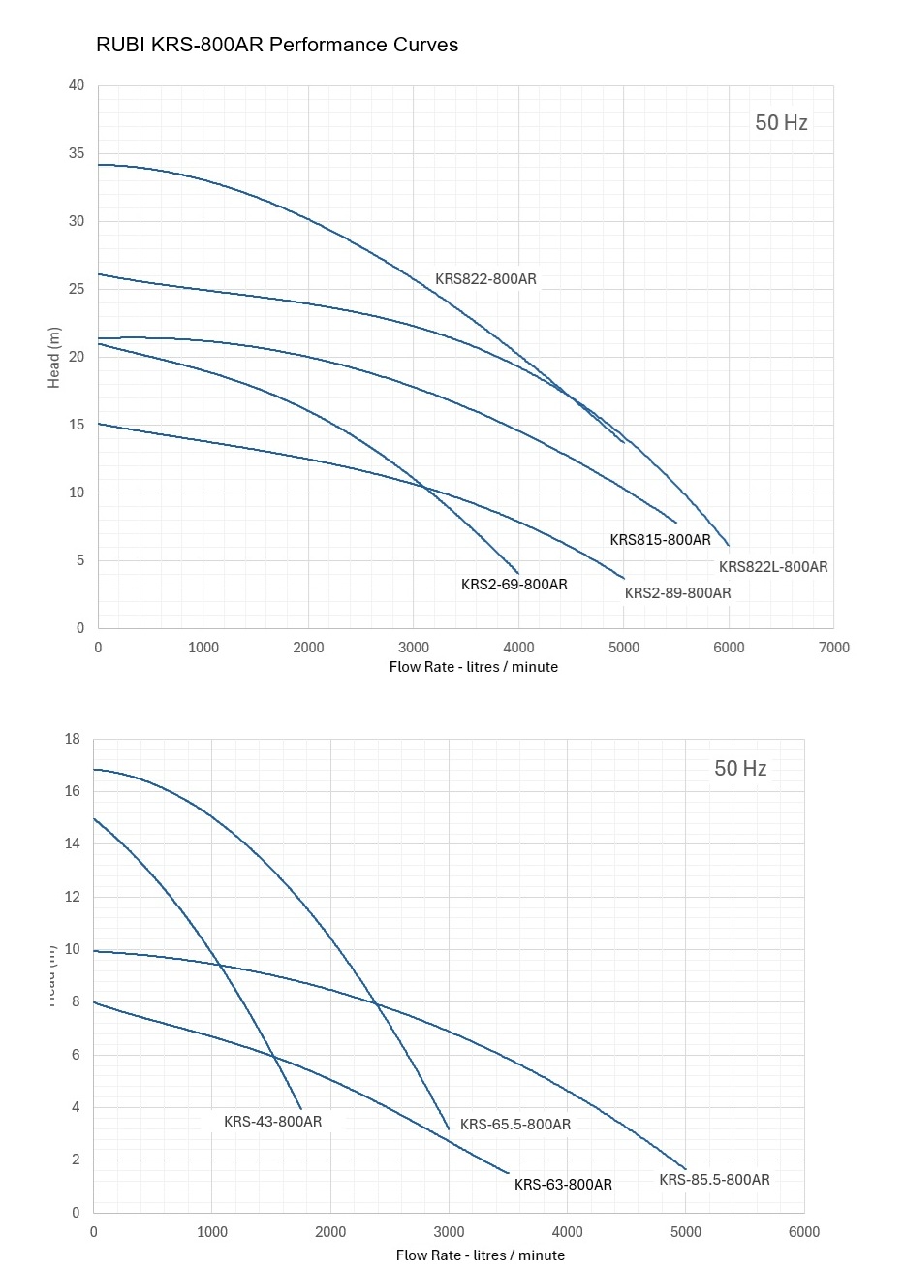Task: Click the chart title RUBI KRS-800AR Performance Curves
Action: click(277, 45)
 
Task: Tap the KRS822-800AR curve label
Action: click(485, 279)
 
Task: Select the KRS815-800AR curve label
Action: click(660, 540)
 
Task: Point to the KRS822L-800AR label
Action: click(773, 567)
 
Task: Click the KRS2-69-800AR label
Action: click(514, 585)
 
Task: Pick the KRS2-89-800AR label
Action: click(677, 593)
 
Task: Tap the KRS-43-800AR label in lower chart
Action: click(272, 1122)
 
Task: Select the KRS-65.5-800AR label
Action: click(515, 1125)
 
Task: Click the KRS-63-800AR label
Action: click(563, 1185)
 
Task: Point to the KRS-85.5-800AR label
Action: click(714, 1180)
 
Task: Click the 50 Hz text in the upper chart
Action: click(781, 123)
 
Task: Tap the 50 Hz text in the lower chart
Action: click(740, 769)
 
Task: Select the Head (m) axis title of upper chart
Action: click(54, 358)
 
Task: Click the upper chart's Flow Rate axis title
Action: click(473, 667)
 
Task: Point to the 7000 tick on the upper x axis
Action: click(833, 648)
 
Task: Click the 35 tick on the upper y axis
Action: click(76, 154)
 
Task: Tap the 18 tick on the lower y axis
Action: click(72, 739)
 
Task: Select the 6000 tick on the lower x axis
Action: click(803, 1232)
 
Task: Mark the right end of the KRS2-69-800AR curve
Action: click(519, 573)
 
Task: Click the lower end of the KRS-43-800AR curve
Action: click(301, 1108)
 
